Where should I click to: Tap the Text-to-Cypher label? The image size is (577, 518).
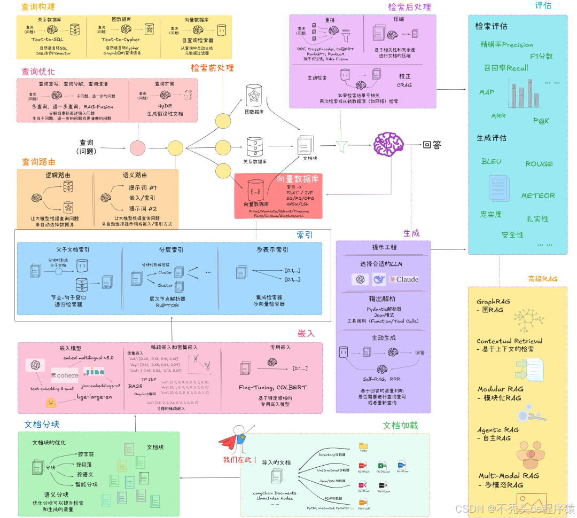[x=121, y=39]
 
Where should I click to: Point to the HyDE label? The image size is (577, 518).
[x=165, y=106]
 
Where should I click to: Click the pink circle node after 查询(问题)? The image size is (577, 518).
[x=137, y=148]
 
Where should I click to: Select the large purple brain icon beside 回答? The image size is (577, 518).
[x=388, y=144]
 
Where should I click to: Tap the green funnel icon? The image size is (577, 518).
[x=341, y=144]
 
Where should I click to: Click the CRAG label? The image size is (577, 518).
[x=404, y=85]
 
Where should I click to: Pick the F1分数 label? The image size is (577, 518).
[x=541, y=56]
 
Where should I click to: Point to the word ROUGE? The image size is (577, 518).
[x=539, y=164]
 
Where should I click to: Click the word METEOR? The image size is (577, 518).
[x=538, y=196]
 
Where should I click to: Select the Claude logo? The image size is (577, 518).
[x=404, y=279]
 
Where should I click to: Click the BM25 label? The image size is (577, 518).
[x=135, y=386]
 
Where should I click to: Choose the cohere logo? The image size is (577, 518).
[x=65, y=375]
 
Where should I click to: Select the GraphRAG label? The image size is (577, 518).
[x=493, y=302]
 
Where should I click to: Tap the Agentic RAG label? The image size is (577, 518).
[x=498, y=430]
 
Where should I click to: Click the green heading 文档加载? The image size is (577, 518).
[x=400, y=426]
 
